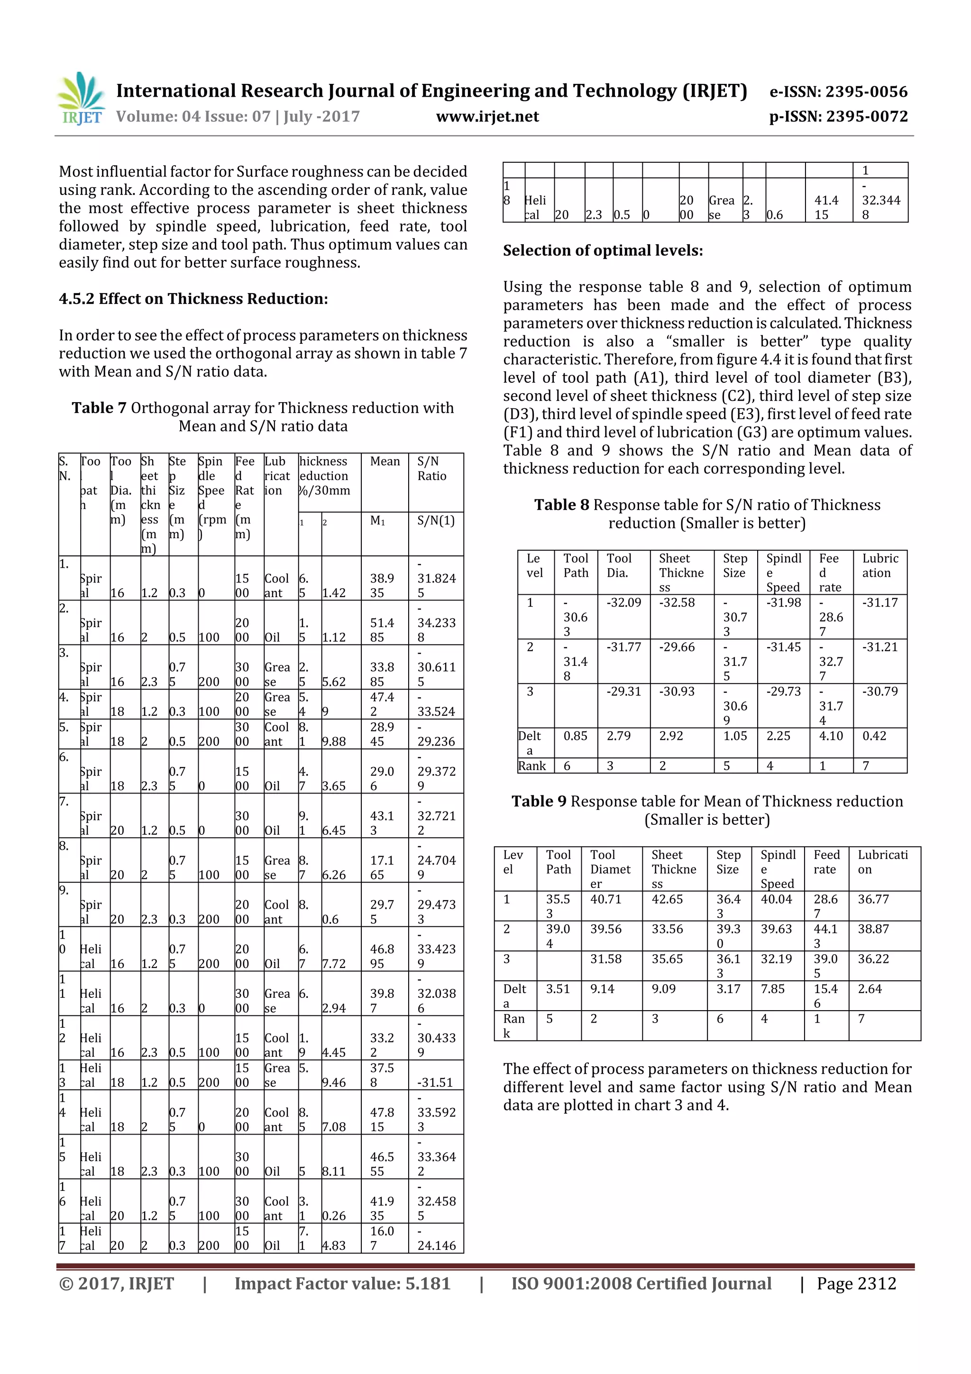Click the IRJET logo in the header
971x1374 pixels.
coord(81,99)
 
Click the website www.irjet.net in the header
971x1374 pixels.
coord(487,117)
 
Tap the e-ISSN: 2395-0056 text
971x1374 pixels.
coord(838,92)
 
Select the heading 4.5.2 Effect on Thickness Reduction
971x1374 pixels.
coord(193,299)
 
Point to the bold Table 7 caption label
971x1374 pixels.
coord(99,408)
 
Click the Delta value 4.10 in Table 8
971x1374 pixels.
coord(830,736)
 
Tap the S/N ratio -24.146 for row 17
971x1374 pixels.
coord(436,1245)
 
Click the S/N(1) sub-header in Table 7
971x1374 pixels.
coord(436,521)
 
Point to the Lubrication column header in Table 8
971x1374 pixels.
coord(879,565)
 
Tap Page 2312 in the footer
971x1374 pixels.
coord(856,1283)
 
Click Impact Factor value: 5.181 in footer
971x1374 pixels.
coord(342,1283)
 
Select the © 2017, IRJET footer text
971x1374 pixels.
coord(117,1283)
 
